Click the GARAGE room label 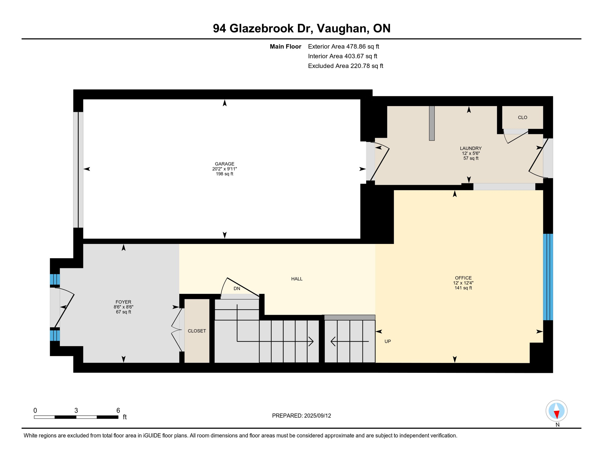(224, 164)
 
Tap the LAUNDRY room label (470, 148)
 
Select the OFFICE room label (463, 278)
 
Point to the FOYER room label (123, 302)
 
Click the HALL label (297, 279)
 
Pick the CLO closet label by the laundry (522, 117)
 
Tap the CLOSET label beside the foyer (197, 331)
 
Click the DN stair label (237, 289)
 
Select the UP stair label (387, 341)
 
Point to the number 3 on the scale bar (76, 410)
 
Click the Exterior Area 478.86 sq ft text (343, 46)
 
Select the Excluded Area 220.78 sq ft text (345, 66)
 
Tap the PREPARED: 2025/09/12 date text (301, 416)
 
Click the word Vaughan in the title (343, 28)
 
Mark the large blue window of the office (548, 277)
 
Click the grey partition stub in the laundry (432, 123)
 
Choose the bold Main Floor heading (285, 46)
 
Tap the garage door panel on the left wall (78, 170)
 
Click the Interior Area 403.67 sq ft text (342, 56)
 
